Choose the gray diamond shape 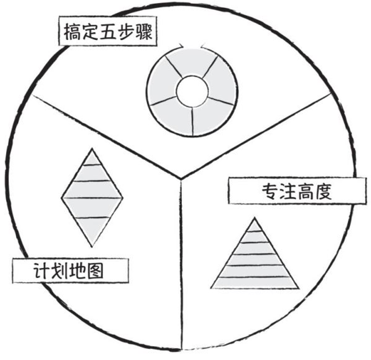[x=93, y=197]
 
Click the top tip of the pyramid [x=255, y=218]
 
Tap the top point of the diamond [x=93, y=149]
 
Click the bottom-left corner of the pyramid [x=211, y=287]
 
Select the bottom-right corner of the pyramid [x=298, y=287]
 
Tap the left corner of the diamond [x=62, y=197]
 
